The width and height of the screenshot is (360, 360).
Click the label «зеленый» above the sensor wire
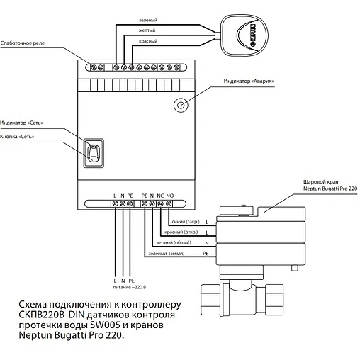click(x=148, y=21)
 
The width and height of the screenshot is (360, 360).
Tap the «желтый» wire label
click(x=147, y=30)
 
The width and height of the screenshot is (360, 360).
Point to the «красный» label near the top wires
click(x=148, y=41)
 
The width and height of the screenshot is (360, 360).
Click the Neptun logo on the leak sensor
click(x=252, y=35)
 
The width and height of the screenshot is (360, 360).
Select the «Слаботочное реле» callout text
click(x=23, y=43)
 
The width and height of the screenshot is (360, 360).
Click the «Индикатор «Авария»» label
click(x=249, y=81)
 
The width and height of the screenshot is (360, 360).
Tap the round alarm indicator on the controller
click(x=181, y=105)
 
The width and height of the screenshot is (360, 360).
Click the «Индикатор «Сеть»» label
click(x=22, y=123)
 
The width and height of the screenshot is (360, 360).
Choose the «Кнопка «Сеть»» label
click(x=17, y=137)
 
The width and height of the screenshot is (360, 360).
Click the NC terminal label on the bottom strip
click(x=160, y=196)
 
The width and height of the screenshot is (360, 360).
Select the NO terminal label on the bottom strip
click(x=170, y=196)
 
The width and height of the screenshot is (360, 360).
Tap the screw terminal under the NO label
click(x=169, y=203)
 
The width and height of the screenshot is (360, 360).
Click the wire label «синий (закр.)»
click(x=186, y=222)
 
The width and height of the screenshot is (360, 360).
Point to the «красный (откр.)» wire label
click(x=181, y=232)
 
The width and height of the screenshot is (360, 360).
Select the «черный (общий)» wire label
click(x=174, y=242)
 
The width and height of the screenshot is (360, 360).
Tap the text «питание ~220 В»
click(x=130, y=287)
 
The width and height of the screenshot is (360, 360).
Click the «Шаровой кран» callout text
click(x=321, y=182)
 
